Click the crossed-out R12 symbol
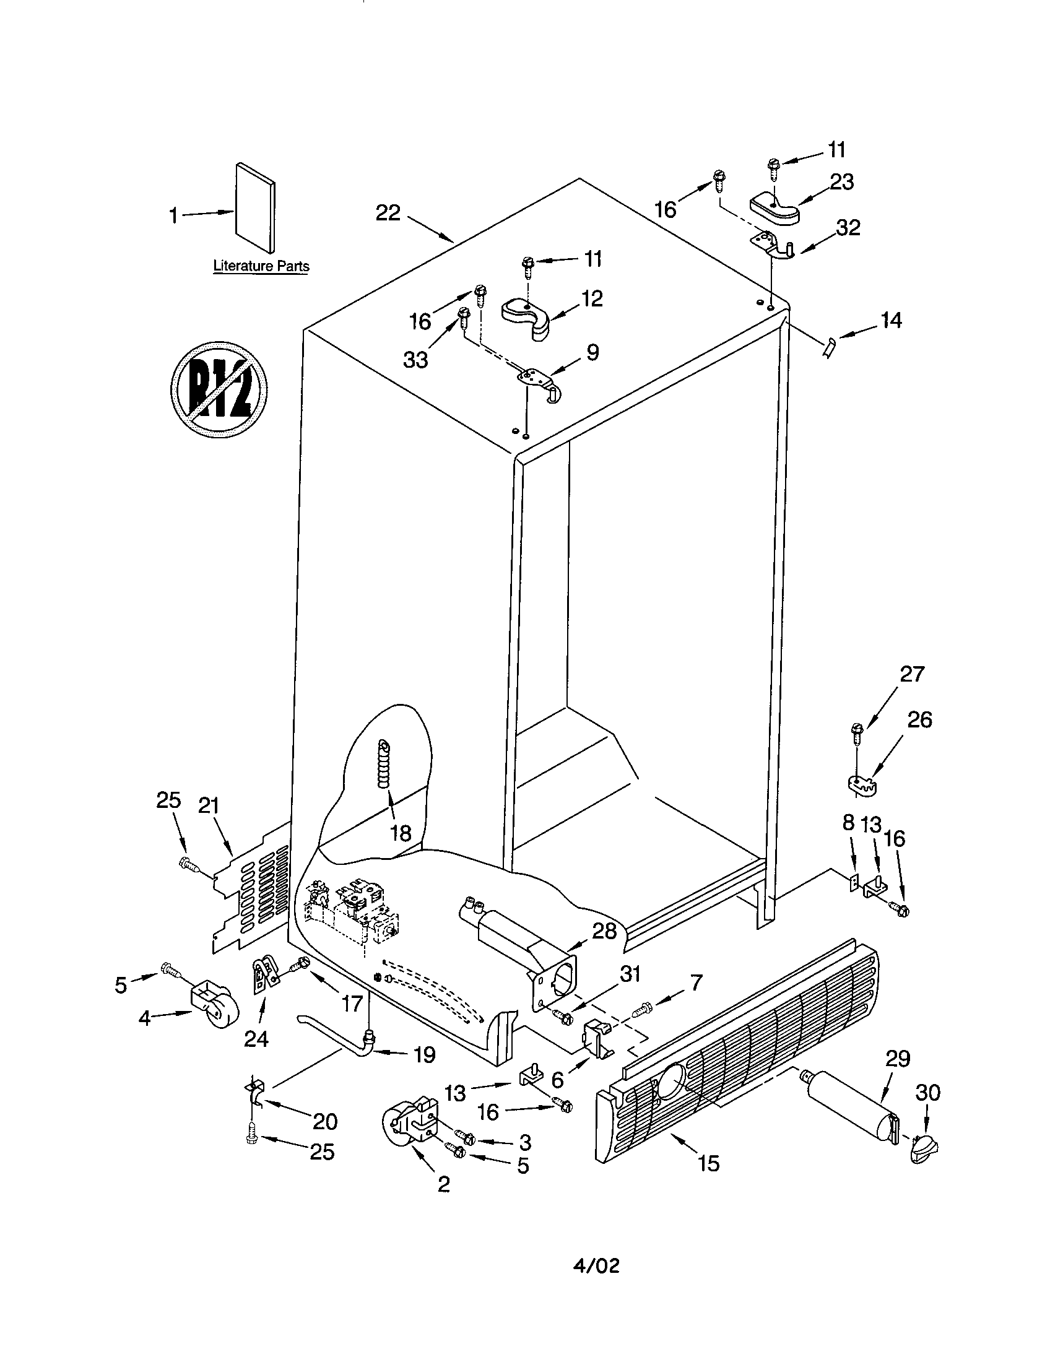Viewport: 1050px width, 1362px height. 219,389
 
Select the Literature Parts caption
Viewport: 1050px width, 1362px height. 261,266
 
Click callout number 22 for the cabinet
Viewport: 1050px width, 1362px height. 387,214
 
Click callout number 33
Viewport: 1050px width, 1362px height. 415,360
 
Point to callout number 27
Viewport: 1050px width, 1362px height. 911,675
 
